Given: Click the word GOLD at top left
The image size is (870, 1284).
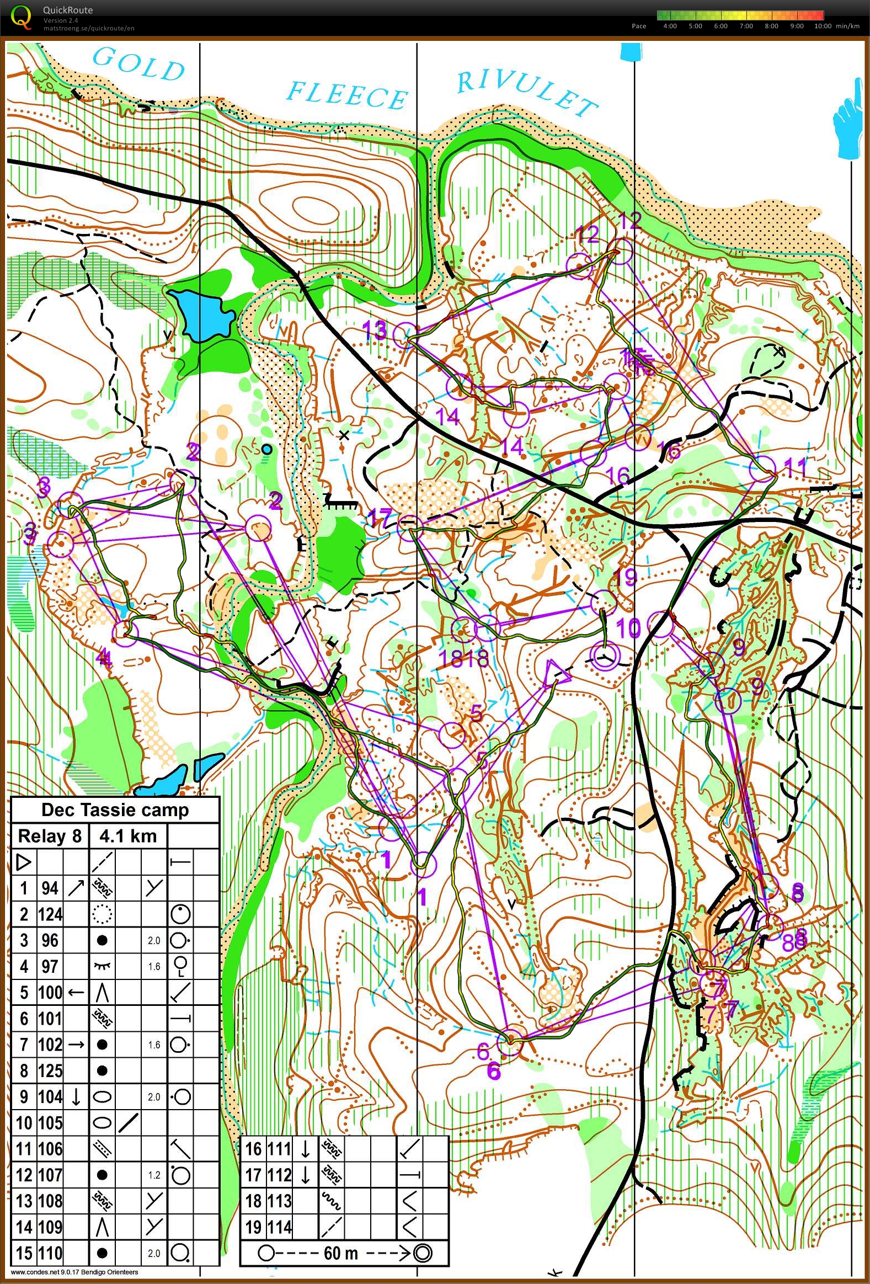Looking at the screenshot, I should pos(138,65).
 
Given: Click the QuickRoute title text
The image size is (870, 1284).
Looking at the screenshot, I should pos(68,10).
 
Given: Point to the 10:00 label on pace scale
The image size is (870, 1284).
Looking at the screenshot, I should pos(823,26).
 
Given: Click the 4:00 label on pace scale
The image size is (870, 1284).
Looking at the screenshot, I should pos(670,26).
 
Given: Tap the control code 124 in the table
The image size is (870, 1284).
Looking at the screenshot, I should pos(50,914).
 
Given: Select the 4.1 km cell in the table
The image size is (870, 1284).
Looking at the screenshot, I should pos(127,836).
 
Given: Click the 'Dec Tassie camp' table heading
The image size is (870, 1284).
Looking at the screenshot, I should pos(115,810).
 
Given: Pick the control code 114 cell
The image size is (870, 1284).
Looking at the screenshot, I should pos(280,1228).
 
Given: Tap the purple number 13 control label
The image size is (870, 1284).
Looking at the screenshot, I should pos(374,331).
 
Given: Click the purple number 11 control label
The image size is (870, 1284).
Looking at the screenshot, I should pos(796,467).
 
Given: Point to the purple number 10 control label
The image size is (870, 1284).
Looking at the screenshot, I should pos(627,627).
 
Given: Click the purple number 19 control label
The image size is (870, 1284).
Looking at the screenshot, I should pos(625,577).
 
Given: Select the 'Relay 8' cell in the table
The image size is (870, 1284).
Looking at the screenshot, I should pos(50,836).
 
